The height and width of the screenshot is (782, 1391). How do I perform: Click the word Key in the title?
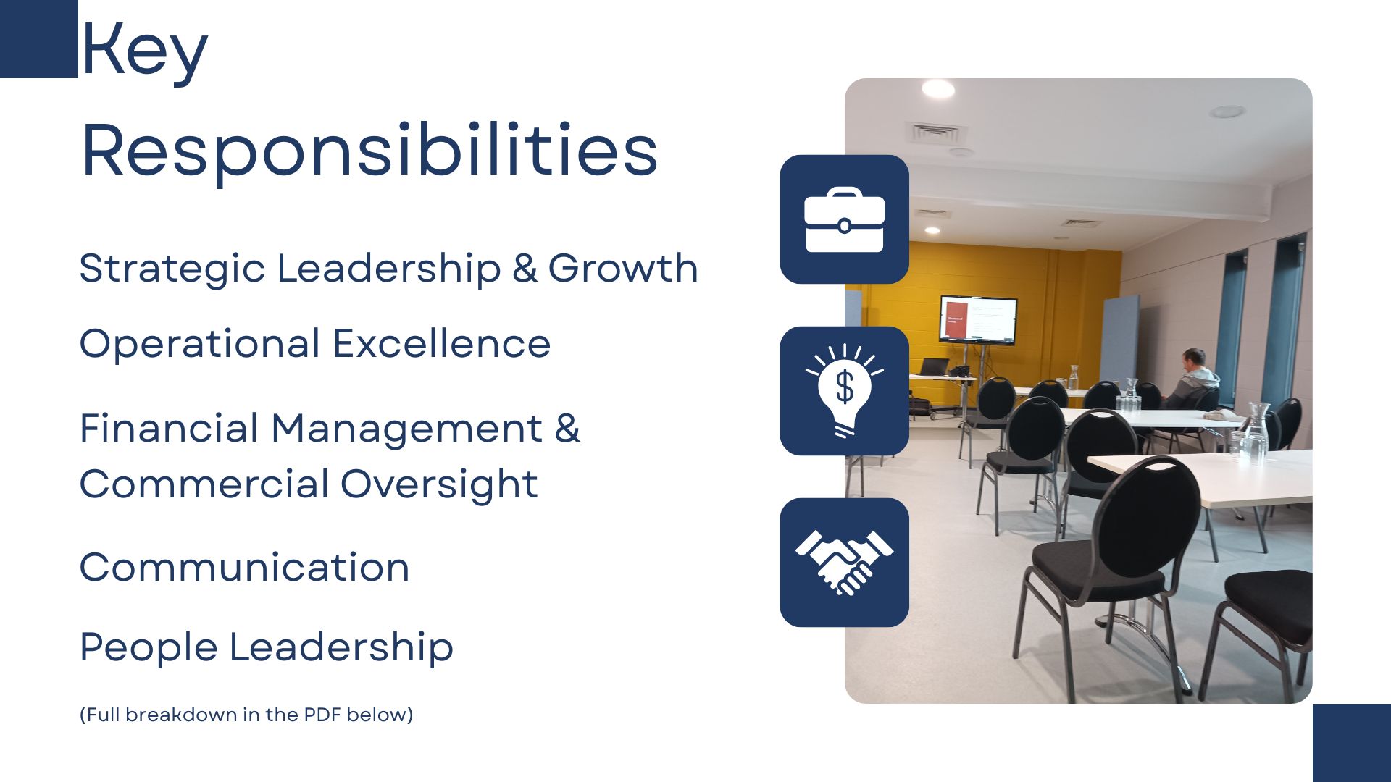point(144,49)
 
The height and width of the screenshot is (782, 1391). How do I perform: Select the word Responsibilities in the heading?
point(369,151)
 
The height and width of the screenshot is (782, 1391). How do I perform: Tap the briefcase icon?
point(844,219)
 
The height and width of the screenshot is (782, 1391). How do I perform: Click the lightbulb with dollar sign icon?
point(844,390)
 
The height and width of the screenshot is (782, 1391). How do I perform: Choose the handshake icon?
point(844,563)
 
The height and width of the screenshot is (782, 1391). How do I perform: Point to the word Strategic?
point(172,269)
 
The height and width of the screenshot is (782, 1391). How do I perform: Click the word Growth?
point(623,269)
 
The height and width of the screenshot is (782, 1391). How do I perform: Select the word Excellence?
point(442,344)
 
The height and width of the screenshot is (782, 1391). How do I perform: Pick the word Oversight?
point(439,485)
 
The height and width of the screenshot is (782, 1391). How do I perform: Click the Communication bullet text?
point(245,568)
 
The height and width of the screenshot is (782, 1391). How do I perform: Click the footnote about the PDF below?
point(246,715)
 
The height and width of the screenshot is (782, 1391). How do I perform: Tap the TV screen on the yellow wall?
point(978,319)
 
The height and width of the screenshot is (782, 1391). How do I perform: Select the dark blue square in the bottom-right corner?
point(1352,743)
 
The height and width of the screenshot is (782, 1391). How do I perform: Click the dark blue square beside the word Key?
point(39,39)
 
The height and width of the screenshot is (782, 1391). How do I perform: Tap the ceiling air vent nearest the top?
point(935,133)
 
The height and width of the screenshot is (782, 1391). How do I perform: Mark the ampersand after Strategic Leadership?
point(525,269)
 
